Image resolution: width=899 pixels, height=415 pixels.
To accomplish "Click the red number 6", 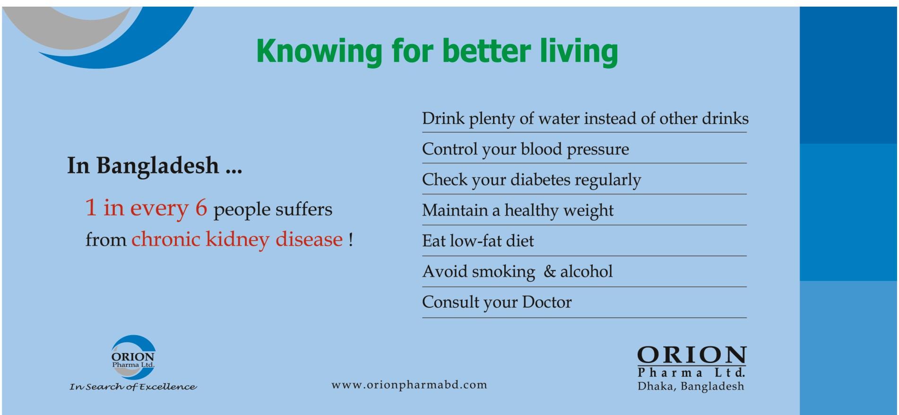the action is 201,208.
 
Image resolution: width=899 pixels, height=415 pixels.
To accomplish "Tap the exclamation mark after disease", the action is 350,239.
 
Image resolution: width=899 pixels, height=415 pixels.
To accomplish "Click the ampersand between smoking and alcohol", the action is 549,272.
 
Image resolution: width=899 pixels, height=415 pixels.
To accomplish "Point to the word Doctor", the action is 546,302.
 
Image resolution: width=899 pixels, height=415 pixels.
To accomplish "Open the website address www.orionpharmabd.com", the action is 409,385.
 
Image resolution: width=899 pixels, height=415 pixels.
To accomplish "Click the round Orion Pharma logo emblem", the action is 133,357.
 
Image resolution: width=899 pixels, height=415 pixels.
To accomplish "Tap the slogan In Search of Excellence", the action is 133,387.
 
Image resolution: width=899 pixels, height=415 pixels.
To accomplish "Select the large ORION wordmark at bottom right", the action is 692,355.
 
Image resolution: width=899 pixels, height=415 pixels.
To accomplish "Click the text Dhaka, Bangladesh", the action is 691,386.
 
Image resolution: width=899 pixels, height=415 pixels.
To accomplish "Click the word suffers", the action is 303,209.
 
